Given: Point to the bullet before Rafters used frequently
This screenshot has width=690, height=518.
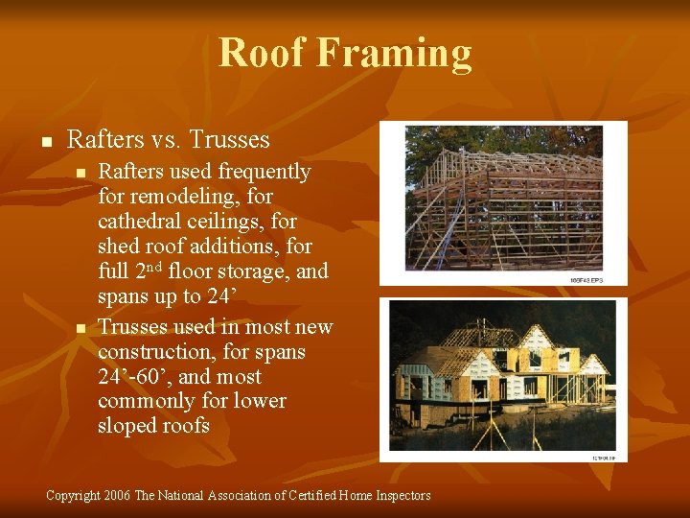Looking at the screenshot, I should click(80, 174).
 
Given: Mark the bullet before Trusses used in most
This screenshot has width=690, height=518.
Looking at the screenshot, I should click(80, 329).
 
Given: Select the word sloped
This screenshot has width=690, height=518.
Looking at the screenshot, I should click(128, 426).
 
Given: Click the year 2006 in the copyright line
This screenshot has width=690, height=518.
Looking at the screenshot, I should click(115, 496).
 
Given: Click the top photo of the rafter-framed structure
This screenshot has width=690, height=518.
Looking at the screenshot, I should click(503, 202).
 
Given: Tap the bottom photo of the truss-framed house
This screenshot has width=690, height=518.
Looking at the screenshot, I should click(503, 379).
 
